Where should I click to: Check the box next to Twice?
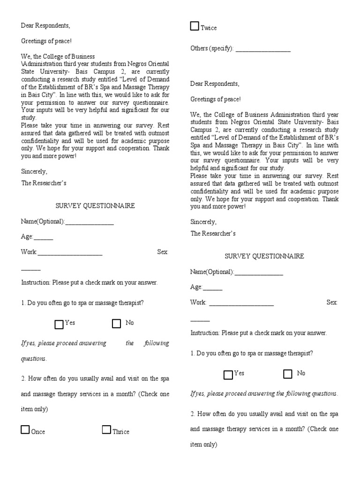click(195, 26)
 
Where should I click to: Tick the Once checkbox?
click(25, 430)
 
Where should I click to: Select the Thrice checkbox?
click(107, 430)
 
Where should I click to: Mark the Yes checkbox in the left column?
click(59, 324)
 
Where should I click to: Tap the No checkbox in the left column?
click(117, 323)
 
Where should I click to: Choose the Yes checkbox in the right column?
click(228, 375)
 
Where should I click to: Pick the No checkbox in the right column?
click(288, 374)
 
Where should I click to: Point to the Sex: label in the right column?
click(332, 303)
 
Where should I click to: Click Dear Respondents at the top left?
click(45, 25)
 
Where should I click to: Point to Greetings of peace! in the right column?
click(216, 99)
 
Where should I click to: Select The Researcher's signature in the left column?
click(44, 183)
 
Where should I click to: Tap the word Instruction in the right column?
click(205, 333)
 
